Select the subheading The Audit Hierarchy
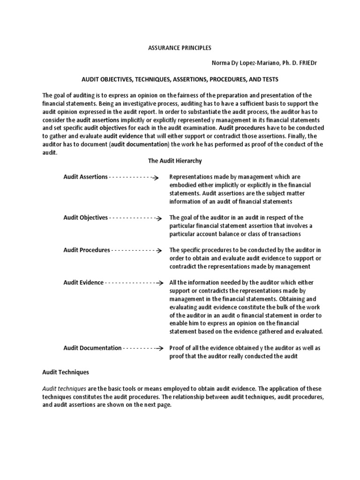pos(175,161)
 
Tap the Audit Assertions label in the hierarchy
pos(85,177)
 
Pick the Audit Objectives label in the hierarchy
pos(86,218)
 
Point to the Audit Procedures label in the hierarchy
pos(87,250)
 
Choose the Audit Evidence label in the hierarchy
pos(83,283)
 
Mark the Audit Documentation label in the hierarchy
pos(92,348)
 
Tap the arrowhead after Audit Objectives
pos(159,218)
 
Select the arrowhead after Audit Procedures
pos(159,251)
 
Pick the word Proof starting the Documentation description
pos(177,348)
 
